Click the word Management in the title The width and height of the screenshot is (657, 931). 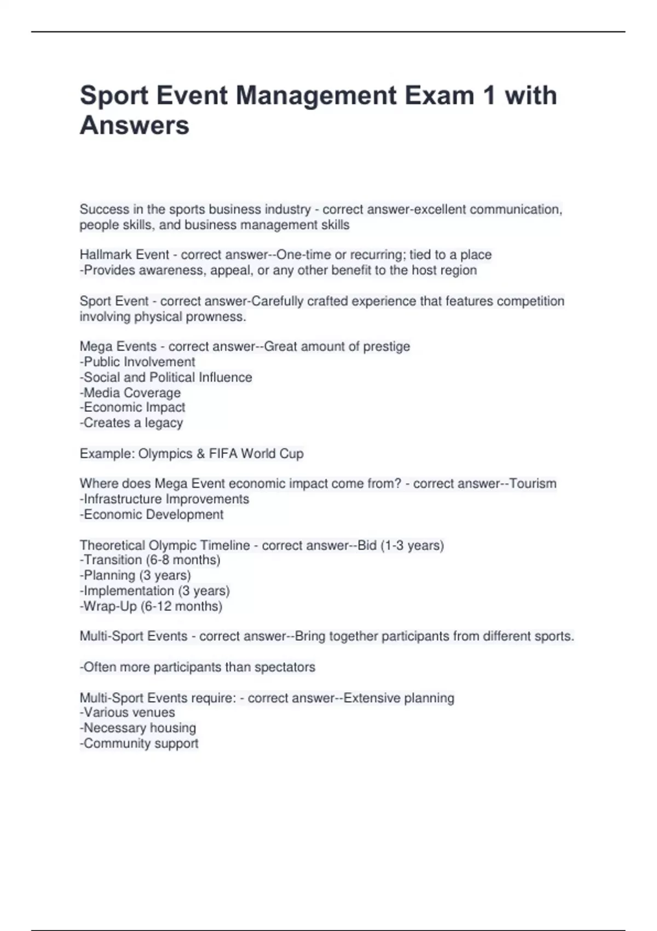pos(316,96)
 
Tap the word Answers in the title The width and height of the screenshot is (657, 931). pos(135,125)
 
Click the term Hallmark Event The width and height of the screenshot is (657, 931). pos(124,255)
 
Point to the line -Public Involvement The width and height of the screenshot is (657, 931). pos(137,362)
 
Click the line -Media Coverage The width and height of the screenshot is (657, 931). pos(130,393)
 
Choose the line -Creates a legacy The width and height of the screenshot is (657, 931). pos(131,423)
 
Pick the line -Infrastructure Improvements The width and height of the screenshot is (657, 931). pos(164,499)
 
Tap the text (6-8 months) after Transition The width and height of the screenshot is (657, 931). pos(183,560)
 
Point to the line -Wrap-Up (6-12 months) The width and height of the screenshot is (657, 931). pos(151,606)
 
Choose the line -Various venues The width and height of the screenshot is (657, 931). pos(128,712)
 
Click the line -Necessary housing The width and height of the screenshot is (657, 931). pos(138,728)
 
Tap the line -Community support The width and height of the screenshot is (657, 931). pos(139,743)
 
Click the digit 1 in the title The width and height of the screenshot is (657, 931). pos(488,96)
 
